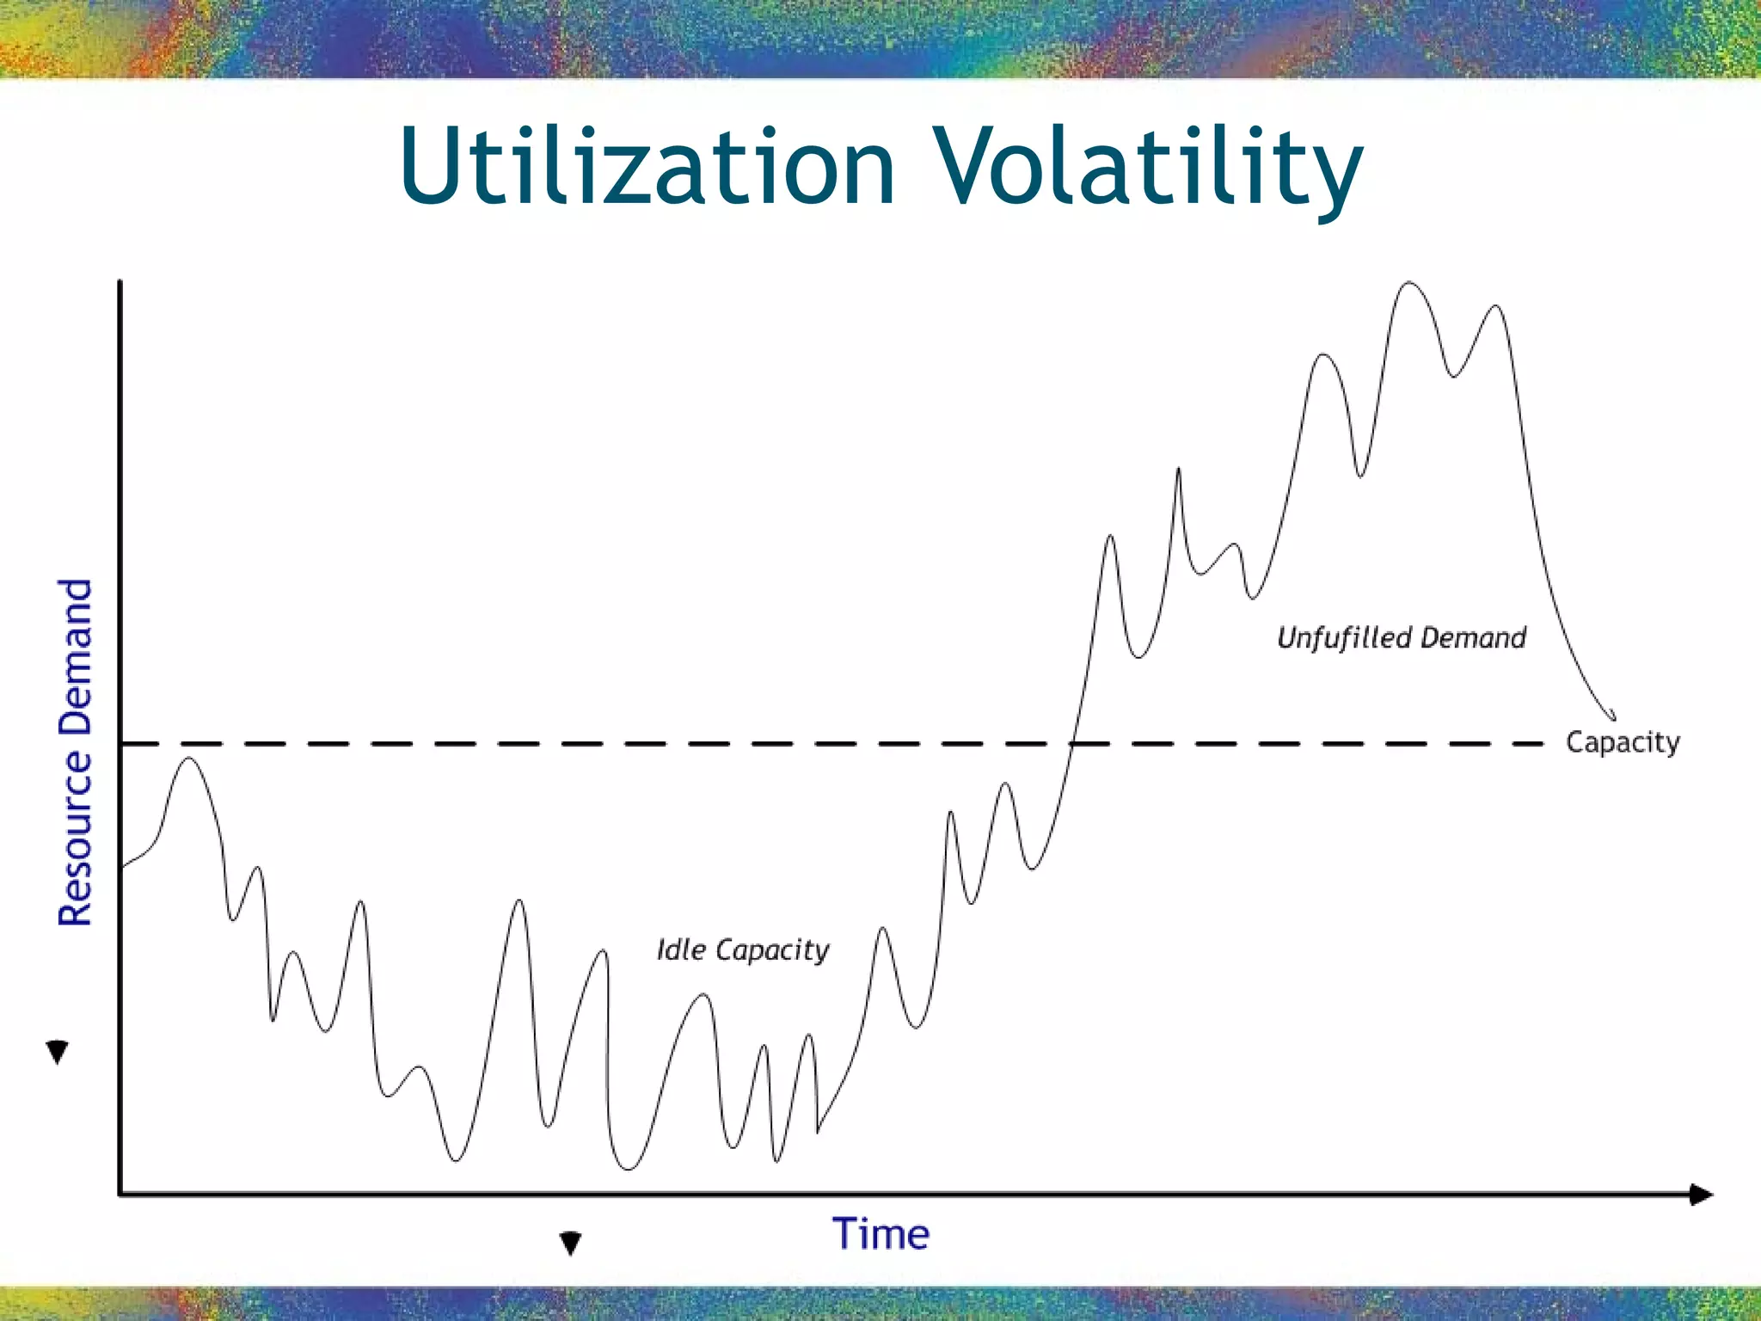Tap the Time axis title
[880, 1234]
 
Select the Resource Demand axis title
[76, 753]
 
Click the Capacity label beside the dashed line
[1622, 742]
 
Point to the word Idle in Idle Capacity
[681, 949]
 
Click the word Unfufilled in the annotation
[1344, 637]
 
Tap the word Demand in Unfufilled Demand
[1473, 637]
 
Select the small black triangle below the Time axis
[570, 1242]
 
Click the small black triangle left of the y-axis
[57, 1051]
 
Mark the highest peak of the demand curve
[1408, 283]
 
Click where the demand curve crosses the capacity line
[1072, 743]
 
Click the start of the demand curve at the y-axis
[122, 866]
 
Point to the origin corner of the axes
[120, 1194]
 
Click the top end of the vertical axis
[120, 282]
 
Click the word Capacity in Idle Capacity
[772, 950]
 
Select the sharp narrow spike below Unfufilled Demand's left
[1178, 470]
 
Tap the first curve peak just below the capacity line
[189, 759]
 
